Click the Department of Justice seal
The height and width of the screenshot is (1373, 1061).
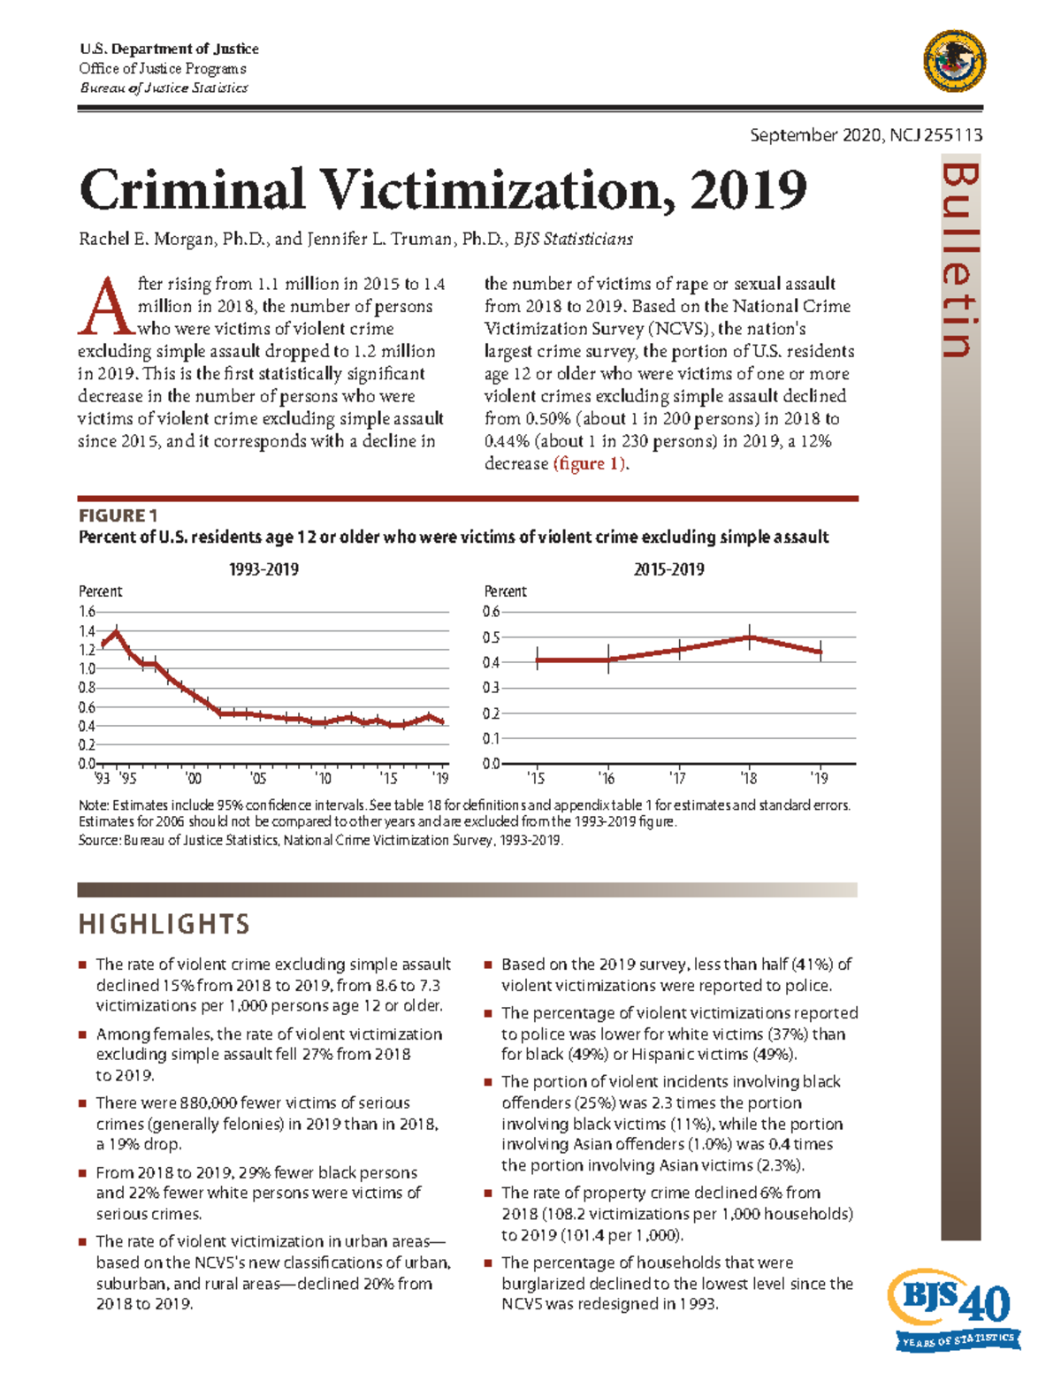[x=954, y=61]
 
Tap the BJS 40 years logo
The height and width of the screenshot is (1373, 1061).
[x=955, y=1308]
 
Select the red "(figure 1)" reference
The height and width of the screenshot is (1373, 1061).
[x=591, y=464]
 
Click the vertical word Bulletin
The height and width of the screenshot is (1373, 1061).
[x=960, y=261]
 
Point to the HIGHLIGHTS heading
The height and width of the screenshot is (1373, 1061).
[x=164, y=925]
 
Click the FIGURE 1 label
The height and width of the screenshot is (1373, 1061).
[x=118, y=515]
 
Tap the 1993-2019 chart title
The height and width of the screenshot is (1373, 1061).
[x=263, y=569]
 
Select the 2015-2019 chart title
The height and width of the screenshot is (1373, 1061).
[x=668, y=569]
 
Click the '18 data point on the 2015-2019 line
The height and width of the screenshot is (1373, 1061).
[x=750, y=637]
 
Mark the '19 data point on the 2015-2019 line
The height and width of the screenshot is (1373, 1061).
[x=821, y=652]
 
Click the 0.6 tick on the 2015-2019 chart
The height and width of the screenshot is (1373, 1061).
[x=491, y=612]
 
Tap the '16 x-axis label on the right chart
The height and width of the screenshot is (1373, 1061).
[x=607, y=779]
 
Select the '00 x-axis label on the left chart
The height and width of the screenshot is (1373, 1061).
[x=193, y=779]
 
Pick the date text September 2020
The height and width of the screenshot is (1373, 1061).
[x=816, y=134]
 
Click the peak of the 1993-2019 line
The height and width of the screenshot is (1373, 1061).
[x=116, y=631]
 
